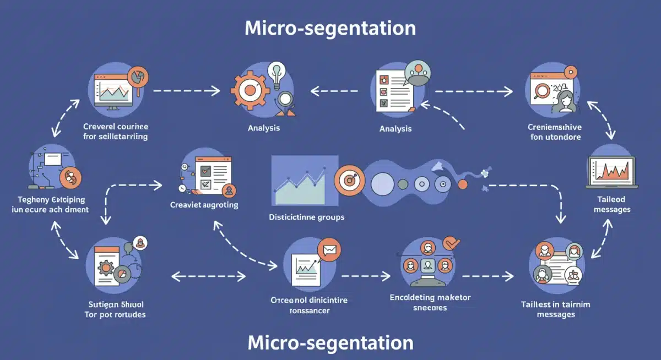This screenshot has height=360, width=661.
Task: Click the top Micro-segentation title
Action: (x=330, y=28)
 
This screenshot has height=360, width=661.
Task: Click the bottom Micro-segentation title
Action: (x=330, y=342)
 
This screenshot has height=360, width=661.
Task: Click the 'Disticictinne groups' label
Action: (x=307, y=217)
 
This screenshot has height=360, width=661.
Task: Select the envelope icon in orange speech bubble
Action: (x=330, y=251)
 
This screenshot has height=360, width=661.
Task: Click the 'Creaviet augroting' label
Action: (x=204, y=205)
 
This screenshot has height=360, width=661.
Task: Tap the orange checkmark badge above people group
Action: (x=451, y=242)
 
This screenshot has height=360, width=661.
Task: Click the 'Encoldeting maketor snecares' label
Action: (x=430, y=302)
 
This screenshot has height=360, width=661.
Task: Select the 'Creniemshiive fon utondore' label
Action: (x=555, y=132)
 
